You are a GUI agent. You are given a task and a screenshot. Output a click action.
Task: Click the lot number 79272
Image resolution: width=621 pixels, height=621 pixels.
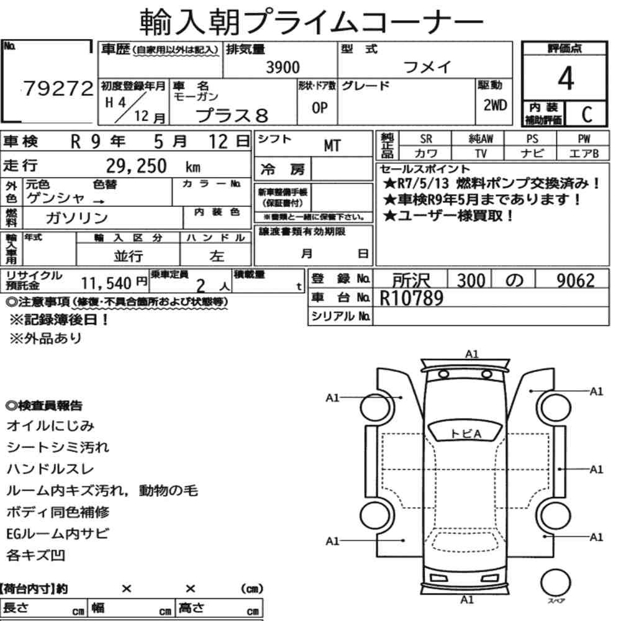coord(58,88)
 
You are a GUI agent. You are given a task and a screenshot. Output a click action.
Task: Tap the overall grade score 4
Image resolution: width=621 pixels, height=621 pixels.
coord(566,78)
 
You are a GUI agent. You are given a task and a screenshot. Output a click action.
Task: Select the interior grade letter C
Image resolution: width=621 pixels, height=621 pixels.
coord(587,114)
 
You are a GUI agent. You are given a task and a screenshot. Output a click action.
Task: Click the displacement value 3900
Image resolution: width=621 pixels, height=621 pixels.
coord(283,67)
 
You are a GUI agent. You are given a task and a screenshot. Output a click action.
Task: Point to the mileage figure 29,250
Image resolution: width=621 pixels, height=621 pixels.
coord(136,166)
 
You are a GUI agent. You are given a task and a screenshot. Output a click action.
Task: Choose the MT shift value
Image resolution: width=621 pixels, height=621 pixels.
coord(332,146)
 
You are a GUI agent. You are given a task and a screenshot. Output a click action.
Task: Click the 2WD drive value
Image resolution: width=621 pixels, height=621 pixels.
coord(495,105)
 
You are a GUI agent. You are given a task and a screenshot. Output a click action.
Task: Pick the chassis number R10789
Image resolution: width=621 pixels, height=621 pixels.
coord(412,298)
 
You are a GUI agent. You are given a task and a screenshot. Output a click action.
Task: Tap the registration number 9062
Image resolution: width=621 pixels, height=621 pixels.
coord(576,281)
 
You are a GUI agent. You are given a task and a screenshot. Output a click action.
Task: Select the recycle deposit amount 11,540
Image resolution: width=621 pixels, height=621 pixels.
coord(106,283)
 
